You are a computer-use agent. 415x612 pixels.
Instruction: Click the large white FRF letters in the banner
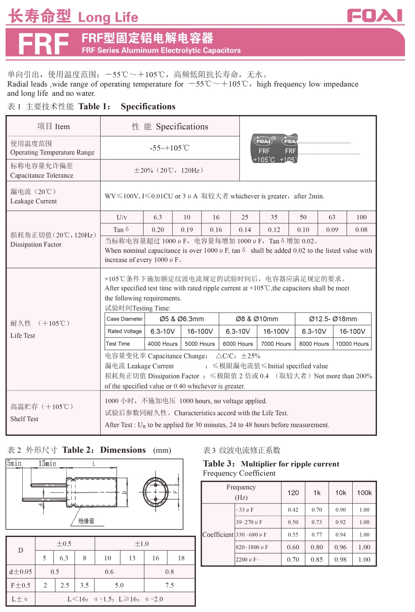(43, 44)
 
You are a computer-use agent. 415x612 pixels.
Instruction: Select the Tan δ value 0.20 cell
(158, 229)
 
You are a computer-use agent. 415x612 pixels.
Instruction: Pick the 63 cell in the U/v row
(332, 217)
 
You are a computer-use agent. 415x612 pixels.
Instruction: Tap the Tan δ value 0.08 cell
(361, 229)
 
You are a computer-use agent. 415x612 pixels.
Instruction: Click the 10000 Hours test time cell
(352, 344)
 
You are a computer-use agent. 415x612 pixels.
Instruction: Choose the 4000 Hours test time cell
(163, 344)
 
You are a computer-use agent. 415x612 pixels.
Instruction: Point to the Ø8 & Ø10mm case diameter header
(257, 319)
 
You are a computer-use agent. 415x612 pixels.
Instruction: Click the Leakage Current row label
(34, 196)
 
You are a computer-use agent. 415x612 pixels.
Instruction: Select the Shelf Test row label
(25, 419)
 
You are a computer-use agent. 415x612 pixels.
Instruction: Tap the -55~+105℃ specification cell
(170, 148)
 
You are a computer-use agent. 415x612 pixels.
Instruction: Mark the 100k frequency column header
(364, 493)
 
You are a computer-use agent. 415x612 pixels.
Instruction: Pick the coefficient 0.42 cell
(293, 510)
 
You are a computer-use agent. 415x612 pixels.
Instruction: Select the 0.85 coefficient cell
(317, 560)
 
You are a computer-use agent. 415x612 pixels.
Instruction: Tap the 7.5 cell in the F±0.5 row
(169, 585)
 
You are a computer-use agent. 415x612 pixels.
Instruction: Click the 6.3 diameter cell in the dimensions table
(64, 558)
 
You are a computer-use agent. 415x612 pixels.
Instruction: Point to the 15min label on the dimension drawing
(47, 464)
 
